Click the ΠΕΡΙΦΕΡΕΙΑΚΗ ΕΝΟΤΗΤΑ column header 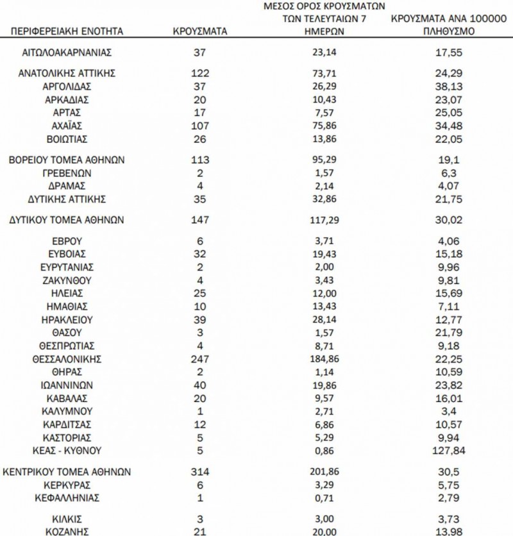click(x=67, y=31)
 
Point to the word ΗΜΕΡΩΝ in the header click(x=324, y=31)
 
